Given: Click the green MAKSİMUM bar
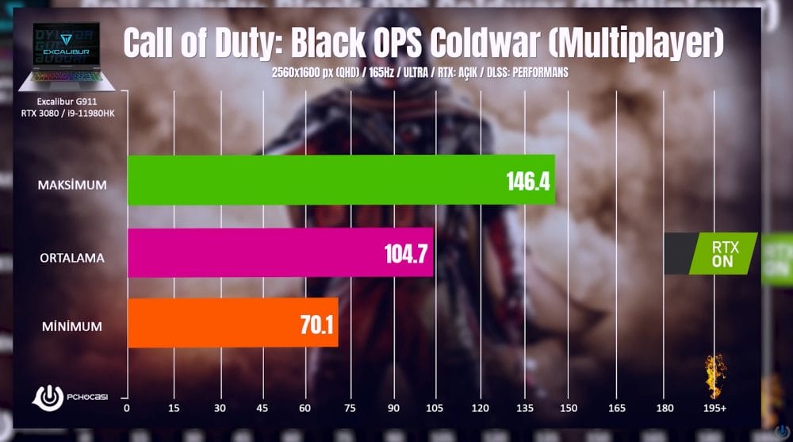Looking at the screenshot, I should click(341, 179).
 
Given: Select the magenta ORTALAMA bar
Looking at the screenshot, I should click(280, 253).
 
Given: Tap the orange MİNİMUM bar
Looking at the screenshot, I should click(232, 322).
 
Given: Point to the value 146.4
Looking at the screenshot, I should click(527, 183).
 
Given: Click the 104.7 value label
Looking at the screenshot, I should click(405, 256).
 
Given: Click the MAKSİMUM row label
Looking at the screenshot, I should click(72, 185).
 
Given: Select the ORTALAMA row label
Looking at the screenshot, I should click(72, 258).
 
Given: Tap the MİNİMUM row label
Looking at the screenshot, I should click(73, 326).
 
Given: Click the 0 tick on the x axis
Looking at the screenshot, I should click(127, 409).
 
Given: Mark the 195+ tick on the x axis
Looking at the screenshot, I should click(714, 409).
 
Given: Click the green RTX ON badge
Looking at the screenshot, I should click(722, 253).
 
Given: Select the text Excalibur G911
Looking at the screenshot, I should click(71, 102).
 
